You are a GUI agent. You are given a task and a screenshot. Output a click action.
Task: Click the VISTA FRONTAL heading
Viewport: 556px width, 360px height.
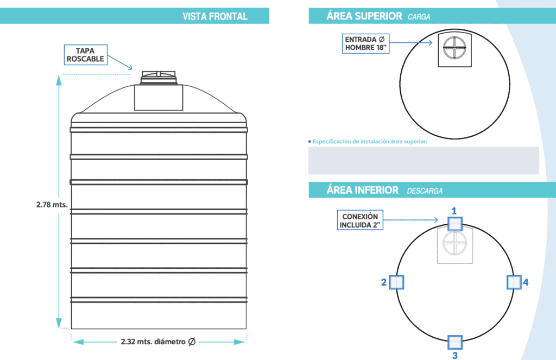[215, 17]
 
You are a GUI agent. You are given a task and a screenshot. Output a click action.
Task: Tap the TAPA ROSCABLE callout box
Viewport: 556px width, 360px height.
[85, 55]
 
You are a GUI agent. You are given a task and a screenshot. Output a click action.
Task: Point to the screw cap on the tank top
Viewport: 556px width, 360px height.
[159, 77]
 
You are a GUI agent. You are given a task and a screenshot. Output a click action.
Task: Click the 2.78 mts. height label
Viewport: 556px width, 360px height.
[52, 205]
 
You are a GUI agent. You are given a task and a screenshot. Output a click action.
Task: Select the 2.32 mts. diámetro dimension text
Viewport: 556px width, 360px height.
[158, 342]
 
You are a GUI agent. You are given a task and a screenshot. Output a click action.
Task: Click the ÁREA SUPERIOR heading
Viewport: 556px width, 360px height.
[364, 16]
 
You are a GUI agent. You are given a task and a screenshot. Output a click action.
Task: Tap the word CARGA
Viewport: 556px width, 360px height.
[419, 17]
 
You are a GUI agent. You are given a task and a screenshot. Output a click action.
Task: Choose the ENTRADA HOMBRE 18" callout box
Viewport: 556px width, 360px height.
[365, 43]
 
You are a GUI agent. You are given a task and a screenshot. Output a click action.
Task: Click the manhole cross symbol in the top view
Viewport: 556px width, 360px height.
[454, 48]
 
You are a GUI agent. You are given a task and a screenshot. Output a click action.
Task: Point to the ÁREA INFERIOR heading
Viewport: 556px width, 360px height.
[362, 190]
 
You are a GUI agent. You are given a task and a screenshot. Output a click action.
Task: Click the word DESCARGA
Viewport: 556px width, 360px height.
[425, 191]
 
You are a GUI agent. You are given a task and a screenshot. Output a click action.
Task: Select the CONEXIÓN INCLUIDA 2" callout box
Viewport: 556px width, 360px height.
[360, 220]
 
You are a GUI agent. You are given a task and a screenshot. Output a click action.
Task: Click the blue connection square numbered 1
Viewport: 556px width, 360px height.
[455, 224]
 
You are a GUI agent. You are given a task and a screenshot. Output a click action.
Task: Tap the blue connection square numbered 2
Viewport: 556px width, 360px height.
[396, 282]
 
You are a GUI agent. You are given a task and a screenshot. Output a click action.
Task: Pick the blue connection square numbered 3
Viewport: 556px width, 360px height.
[455, 343]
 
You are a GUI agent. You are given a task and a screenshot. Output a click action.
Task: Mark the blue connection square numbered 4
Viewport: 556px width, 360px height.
[514, 282]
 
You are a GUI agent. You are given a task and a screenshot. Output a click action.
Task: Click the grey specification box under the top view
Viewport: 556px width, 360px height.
[424, 161]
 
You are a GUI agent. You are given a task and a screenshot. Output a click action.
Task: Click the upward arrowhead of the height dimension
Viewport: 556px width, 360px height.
[59, 80]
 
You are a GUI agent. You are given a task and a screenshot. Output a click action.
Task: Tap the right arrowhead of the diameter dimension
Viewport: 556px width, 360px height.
[239, 342]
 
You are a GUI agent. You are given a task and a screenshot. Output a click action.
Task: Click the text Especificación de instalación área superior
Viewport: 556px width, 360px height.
[369, 142]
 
